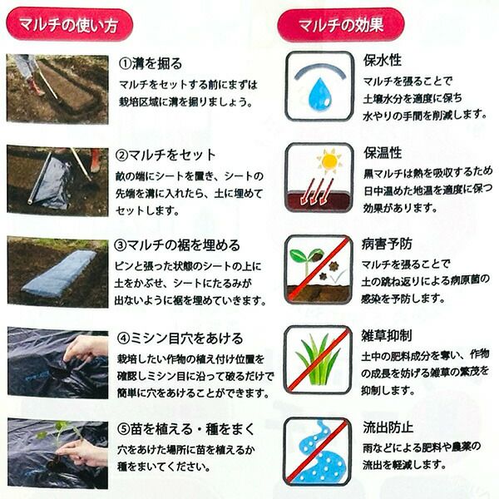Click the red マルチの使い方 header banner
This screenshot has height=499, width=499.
pyautogui.click(x=69, y=25)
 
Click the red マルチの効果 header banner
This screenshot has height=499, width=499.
pyautogui.click(x=341, y=25)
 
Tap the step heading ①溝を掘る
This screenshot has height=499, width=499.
pyautogui.click(x=151, y=63)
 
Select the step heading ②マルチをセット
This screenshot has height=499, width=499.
pyautogui.click(x=166, y=155)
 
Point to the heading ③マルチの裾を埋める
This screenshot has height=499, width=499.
pyautogui.click(x=177, y=245)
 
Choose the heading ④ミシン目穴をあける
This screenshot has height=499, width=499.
pyautogui.click(x=180, y=338)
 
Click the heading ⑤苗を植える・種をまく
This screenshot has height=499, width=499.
pyautogui.click(x=185, y=429)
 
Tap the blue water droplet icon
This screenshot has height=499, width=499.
pyautogui.click(x=320, y=94)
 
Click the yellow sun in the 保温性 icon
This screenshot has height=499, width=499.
pyautogui.click(x=329, y=161)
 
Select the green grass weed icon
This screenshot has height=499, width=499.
pyautogui.click(x=318, y=359)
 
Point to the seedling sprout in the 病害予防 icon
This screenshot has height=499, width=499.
pyautogui.click(x=303, y=262)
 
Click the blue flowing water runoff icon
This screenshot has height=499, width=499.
pyautogui.click(x=321, y=452)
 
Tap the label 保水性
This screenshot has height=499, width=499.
pyautogui.click(x=383, y=60)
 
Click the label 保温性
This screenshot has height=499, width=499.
pyautogui.click(x=383, y=152)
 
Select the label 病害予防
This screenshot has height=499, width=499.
pyautogui.click(x=387, y=244)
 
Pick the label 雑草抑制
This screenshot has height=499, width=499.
pyautogui.click(x=387, y=335)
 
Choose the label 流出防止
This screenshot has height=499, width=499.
pyautogui.click(x=388, y=427)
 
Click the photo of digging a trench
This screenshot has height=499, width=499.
pyautogui.click(x=57, y=89)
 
